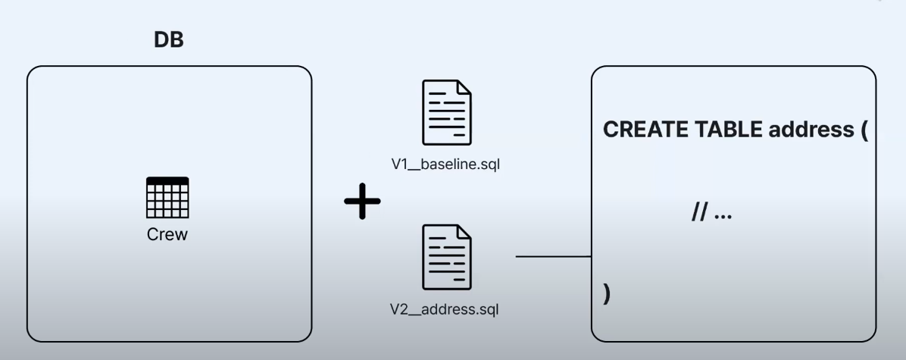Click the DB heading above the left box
(169, 40)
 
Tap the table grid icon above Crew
(167, 198)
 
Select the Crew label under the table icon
(167, 235)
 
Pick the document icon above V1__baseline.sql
(446, 112)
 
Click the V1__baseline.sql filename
(446, 164)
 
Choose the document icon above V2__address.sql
(446, 256)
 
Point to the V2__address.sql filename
(445, 309)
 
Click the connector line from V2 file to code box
(553, 256)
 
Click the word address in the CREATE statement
(811, 130)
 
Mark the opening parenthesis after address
(864, 130)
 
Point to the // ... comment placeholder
(711, 214)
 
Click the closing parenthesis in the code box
(607, 293)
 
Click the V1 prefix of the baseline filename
(400, 164)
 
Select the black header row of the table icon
(167, 180)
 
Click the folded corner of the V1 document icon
(464, 88)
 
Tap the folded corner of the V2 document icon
(464, 232)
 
